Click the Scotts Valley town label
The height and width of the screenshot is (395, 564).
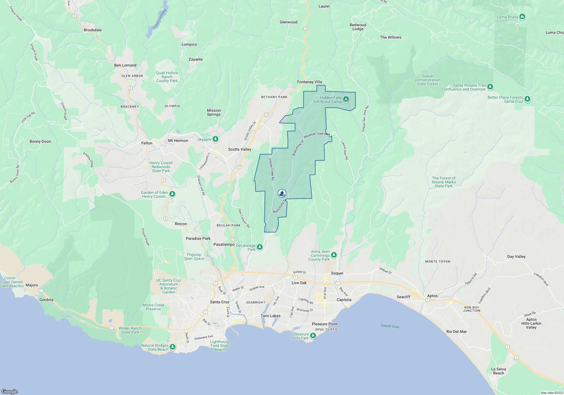click(x=239, y=149)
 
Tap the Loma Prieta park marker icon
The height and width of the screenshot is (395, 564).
click(x=522, y=17)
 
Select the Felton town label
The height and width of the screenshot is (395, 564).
click(x=147, y=143)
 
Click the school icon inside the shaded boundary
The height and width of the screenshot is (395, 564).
click(x=282, y=193)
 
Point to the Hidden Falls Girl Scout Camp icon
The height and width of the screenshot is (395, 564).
click(x=346, y=99)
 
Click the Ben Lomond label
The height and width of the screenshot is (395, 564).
click(x=125, y=65)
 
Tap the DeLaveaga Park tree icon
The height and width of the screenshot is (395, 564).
click(x=260, y=247)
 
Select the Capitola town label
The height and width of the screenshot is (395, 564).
click(x=344, y=300)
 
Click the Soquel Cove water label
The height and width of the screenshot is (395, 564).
click(x=390, y=326)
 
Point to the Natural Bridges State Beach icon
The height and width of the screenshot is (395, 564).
click(x=172, y=347)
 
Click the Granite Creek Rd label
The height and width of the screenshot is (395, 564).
click(x=271, y=169)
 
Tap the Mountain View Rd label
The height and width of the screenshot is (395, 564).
click(x=316, y=135)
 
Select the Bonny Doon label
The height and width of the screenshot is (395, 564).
click(x=40, y=141)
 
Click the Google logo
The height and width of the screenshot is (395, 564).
click(x=10, y=391)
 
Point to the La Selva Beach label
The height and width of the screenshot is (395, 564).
click(x=498, y=371)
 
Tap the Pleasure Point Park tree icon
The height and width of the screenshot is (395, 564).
click(x=313, y=335)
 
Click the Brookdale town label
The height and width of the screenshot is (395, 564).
click(x=92, y=30)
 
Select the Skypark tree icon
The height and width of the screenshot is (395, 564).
click(x=215, y=139)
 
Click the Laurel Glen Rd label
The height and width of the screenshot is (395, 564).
click(x=345, y=150)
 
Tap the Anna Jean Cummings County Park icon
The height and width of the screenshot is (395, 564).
click(x=334, y=255)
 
